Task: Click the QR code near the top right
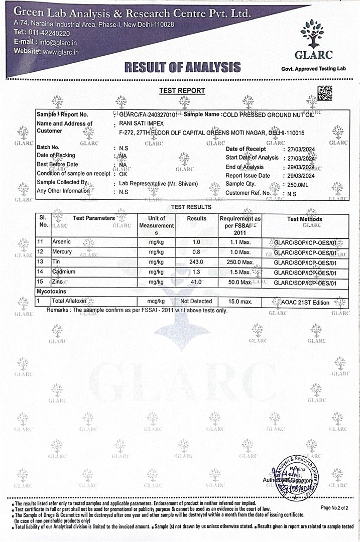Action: [x=324, y=93]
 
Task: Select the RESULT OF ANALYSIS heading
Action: [x=182, y=67]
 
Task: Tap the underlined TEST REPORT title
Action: [x=182, y=91]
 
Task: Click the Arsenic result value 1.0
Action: [x=196, y=242]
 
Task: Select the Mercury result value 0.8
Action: [x=196, y=251]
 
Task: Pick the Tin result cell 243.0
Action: [x=196, y=262]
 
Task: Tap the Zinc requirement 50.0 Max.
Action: [x=239, y=283]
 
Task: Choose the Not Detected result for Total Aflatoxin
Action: [x=196, y=301]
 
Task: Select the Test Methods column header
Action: [x=304, y=219]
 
